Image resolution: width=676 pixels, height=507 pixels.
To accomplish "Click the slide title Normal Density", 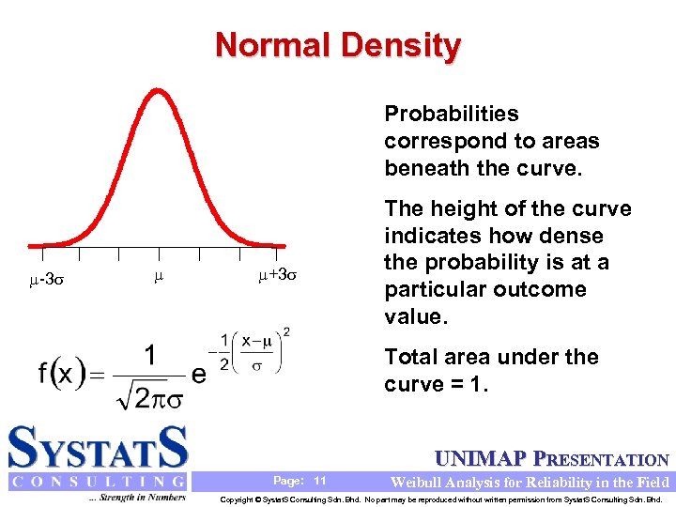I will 338,45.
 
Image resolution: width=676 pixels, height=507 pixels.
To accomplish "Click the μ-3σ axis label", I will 47,279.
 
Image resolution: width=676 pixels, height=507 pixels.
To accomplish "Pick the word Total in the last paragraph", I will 411,357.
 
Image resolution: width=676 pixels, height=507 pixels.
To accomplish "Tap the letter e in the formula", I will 198,374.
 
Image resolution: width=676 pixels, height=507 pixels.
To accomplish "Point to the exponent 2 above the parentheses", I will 285,330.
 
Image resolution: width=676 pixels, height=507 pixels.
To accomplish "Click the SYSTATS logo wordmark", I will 98,448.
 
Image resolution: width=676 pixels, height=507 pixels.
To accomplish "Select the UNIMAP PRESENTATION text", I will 551,459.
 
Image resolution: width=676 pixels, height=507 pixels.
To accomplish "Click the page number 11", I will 320,481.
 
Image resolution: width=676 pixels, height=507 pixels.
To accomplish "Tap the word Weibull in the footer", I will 420,482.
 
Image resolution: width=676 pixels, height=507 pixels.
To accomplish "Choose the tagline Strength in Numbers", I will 137,498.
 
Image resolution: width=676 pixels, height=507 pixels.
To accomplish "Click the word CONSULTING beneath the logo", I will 98,482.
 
